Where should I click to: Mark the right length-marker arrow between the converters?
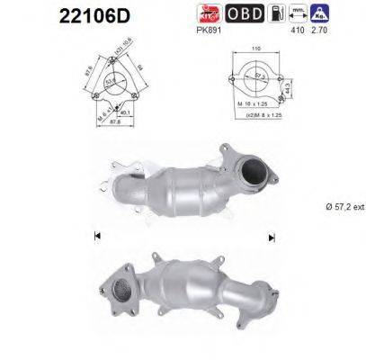(x=271, y=236)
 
